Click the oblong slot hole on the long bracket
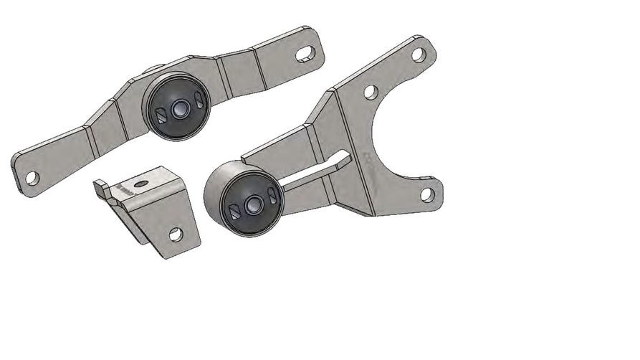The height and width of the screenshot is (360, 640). (305, 53)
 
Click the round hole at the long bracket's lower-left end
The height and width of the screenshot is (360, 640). (32, 176)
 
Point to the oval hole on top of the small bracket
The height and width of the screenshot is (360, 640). (141, 184)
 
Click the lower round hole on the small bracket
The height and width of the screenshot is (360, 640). (176, 233)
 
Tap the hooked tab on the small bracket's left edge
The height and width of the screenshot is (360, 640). (102, 190)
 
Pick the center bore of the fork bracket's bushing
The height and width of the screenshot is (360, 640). (252, 204)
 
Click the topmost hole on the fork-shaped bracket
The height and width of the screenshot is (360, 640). (418, 55)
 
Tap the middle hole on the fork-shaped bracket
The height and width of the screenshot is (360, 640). (371, 92)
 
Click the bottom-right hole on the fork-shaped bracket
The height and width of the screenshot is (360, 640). (427, 194)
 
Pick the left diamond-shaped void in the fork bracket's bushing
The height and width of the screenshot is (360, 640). (234, 211)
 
